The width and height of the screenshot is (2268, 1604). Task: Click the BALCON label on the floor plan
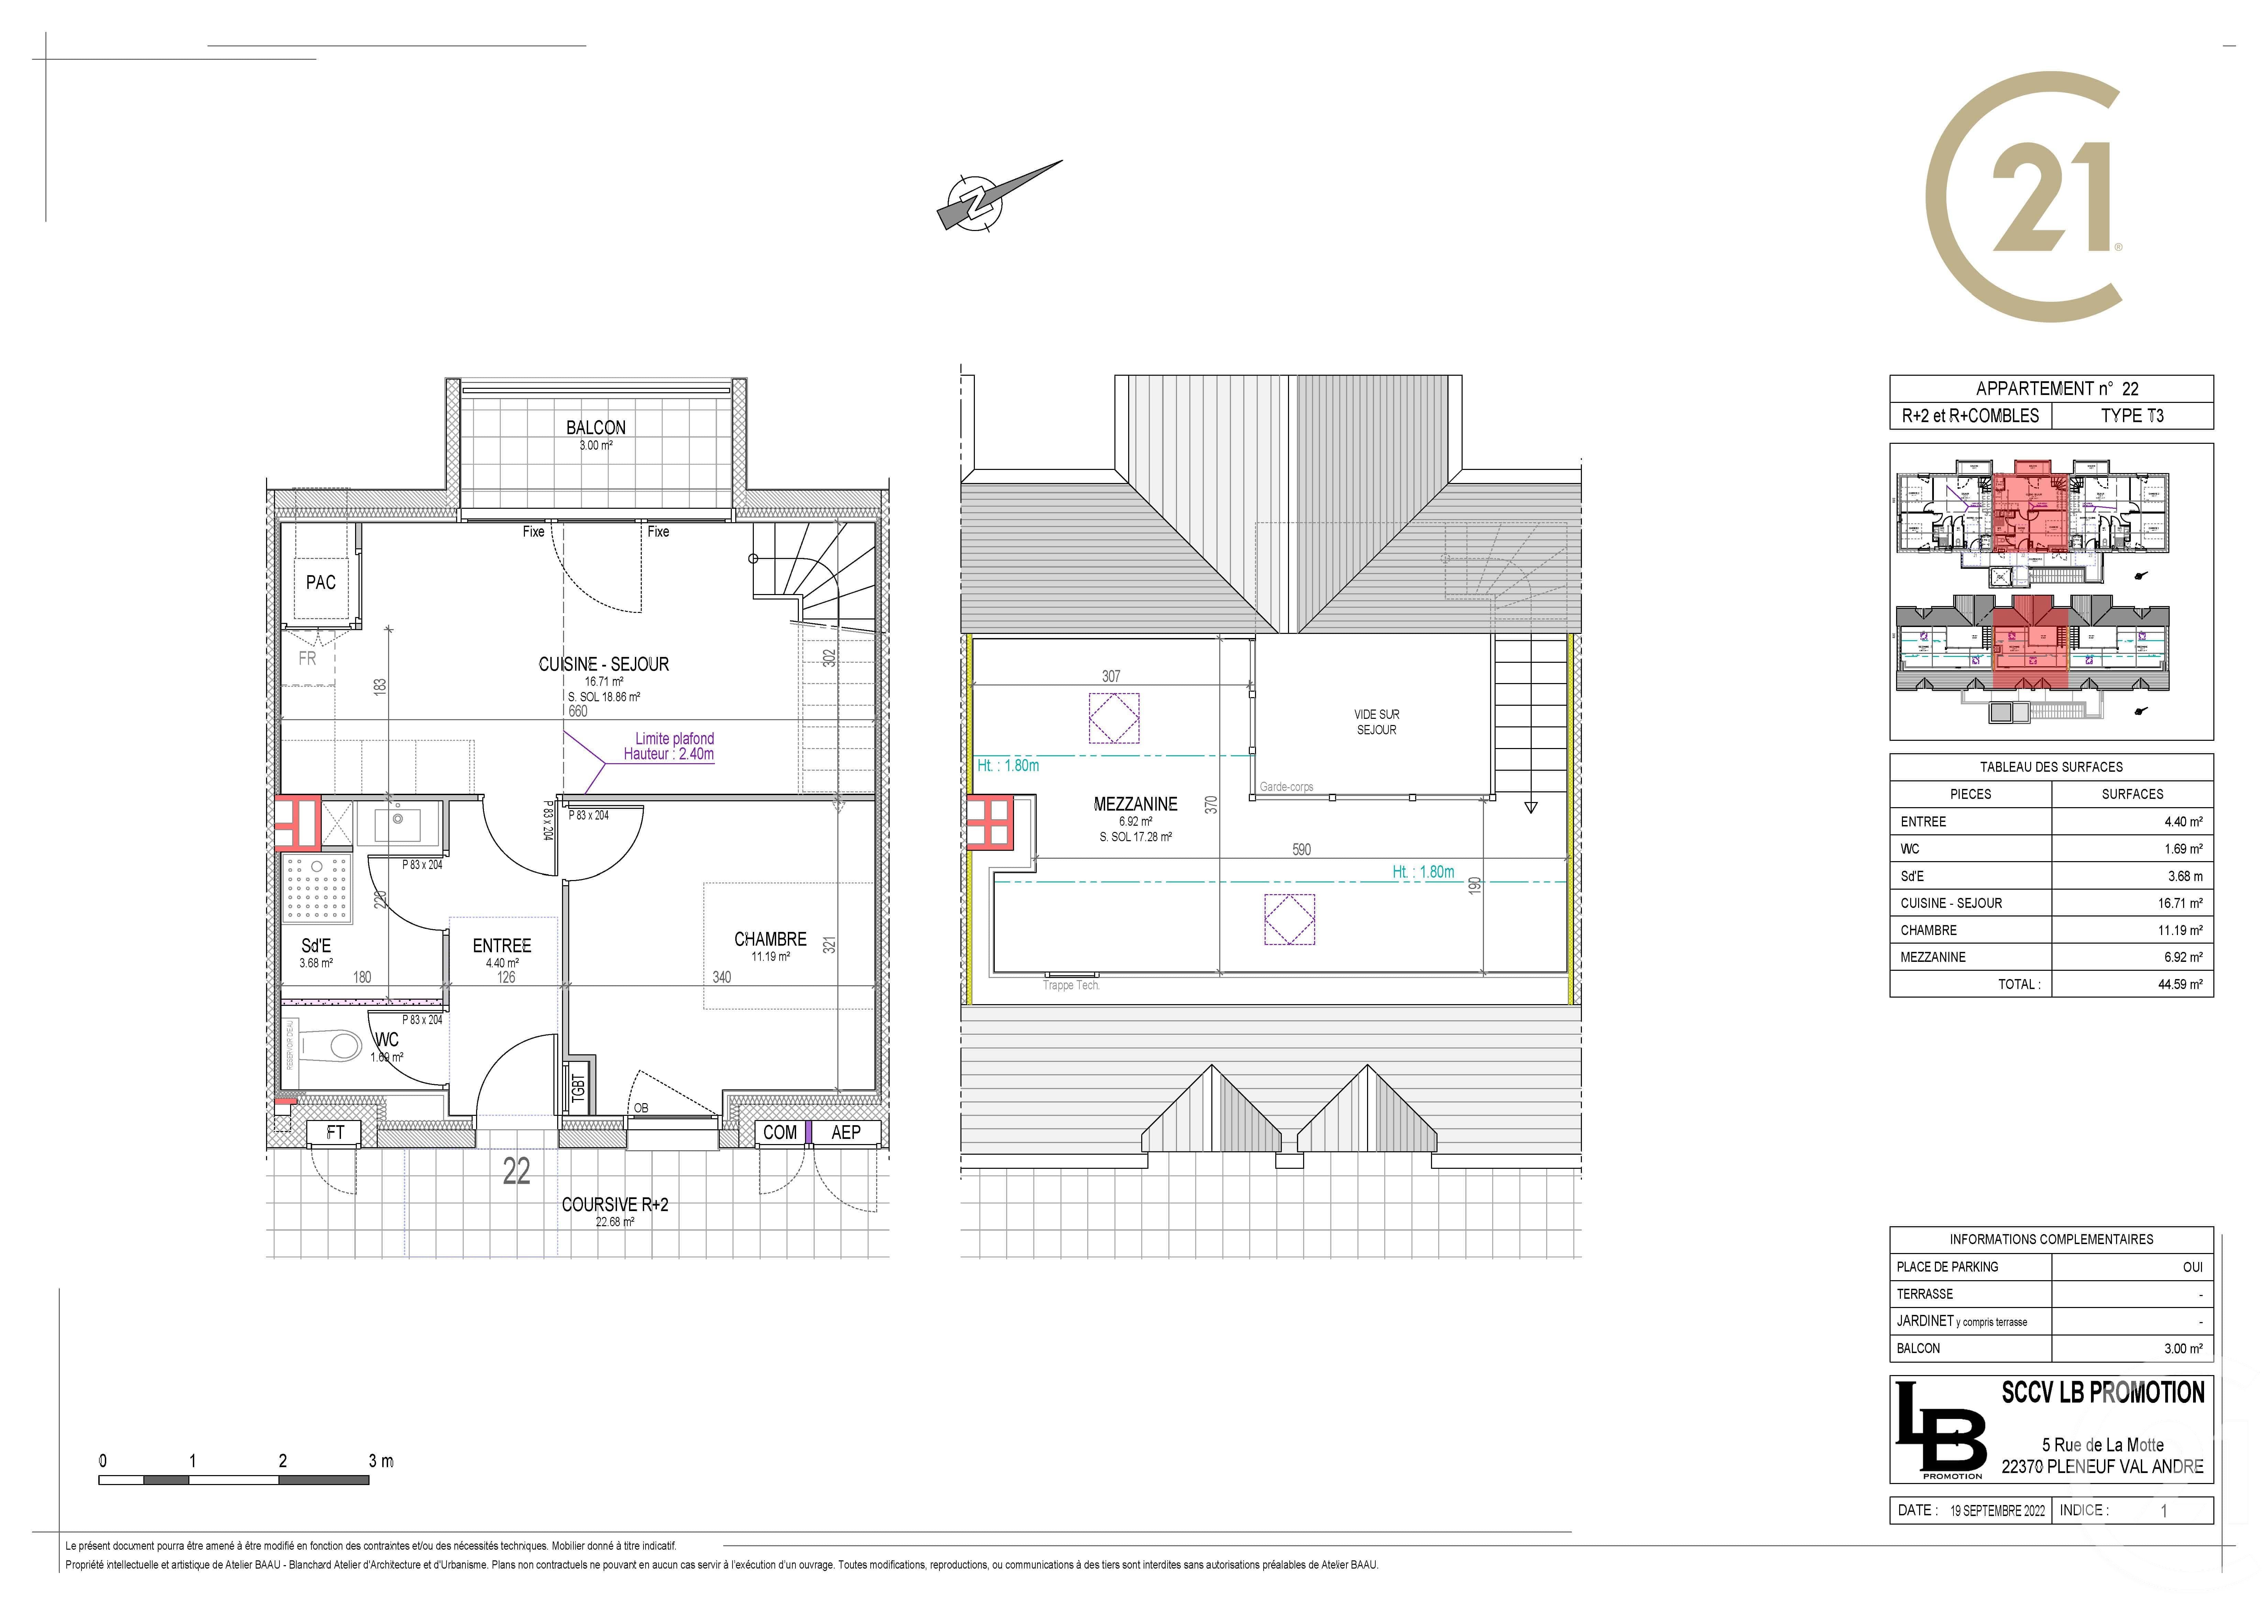(596, 428)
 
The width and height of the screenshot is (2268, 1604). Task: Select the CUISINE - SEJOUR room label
(604, 665)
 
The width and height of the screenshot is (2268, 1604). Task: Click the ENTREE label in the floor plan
(502, 946)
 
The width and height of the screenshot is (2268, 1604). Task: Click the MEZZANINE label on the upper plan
(1135, 805)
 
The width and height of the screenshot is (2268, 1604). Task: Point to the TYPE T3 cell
(2132, 416)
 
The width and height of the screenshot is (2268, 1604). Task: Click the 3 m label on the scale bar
(380, 1461)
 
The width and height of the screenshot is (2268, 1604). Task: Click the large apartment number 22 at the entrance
(516, 1172)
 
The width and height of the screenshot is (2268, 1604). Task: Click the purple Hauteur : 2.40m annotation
(669, 755)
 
